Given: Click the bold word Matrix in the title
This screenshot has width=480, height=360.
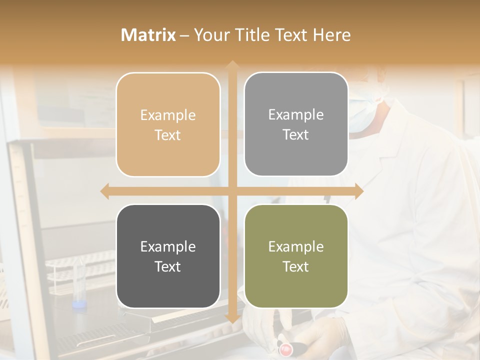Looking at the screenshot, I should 148,35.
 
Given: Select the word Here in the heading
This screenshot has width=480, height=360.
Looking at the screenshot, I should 331,35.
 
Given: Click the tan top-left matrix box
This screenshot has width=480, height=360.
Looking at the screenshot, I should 168,124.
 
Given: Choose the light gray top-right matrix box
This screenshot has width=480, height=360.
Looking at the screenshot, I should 296,124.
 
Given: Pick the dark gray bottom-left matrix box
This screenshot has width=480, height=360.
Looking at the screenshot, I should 168,256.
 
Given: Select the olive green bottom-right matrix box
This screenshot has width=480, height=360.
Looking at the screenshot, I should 296,256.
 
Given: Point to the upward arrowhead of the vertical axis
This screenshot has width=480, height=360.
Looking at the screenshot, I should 232,65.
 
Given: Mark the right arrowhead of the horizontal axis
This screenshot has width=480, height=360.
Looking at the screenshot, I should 358,191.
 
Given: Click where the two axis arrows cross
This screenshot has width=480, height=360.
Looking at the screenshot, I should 232,191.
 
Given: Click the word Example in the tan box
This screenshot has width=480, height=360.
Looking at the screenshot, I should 168,115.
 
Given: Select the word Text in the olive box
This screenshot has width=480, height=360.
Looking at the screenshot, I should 296,266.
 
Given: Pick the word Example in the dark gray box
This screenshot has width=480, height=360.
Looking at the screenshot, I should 168,247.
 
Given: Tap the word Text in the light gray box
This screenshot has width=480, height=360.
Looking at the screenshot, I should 296,135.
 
